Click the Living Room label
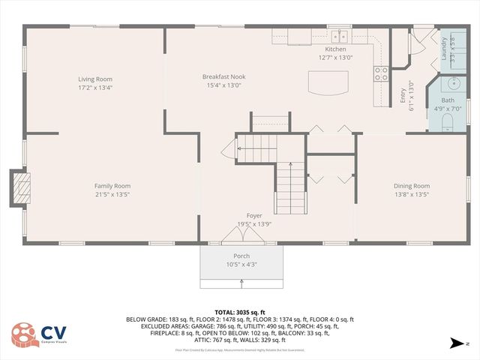(x=95, y=79)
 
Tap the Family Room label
(x=112, y=186)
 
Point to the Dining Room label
(x=411, y=186)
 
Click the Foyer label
(x=254, y=215)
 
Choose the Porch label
(x=241, y=256)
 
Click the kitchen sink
(x=340, y=34)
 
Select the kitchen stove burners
(x=381, y=73)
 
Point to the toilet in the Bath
(x=447, y=120)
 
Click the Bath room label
(x=448, y=100)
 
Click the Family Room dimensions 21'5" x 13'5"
(x=112, y=194)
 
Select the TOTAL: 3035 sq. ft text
(x=240, y=312)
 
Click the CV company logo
(x=34, y=336)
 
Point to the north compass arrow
(x=455, y=343)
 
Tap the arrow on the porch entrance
(x=241, y=282)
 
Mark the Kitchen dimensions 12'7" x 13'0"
(x=335, y=57)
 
